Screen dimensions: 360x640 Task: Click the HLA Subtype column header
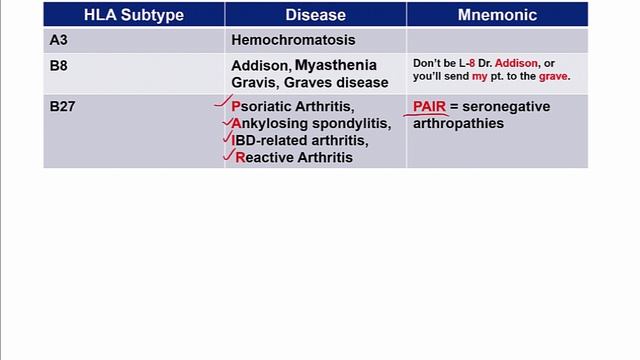coord(133,15)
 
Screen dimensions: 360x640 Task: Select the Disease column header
coord(315,15)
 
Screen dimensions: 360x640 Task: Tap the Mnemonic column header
coord(497,15)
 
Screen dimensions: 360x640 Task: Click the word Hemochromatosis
coord(293,41)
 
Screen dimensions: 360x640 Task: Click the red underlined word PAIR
coord(429,106)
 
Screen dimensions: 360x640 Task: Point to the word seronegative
coord(505,106)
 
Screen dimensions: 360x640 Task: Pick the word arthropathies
coord(457,123)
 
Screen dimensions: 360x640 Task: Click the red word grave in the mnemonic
coord(553,76)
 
